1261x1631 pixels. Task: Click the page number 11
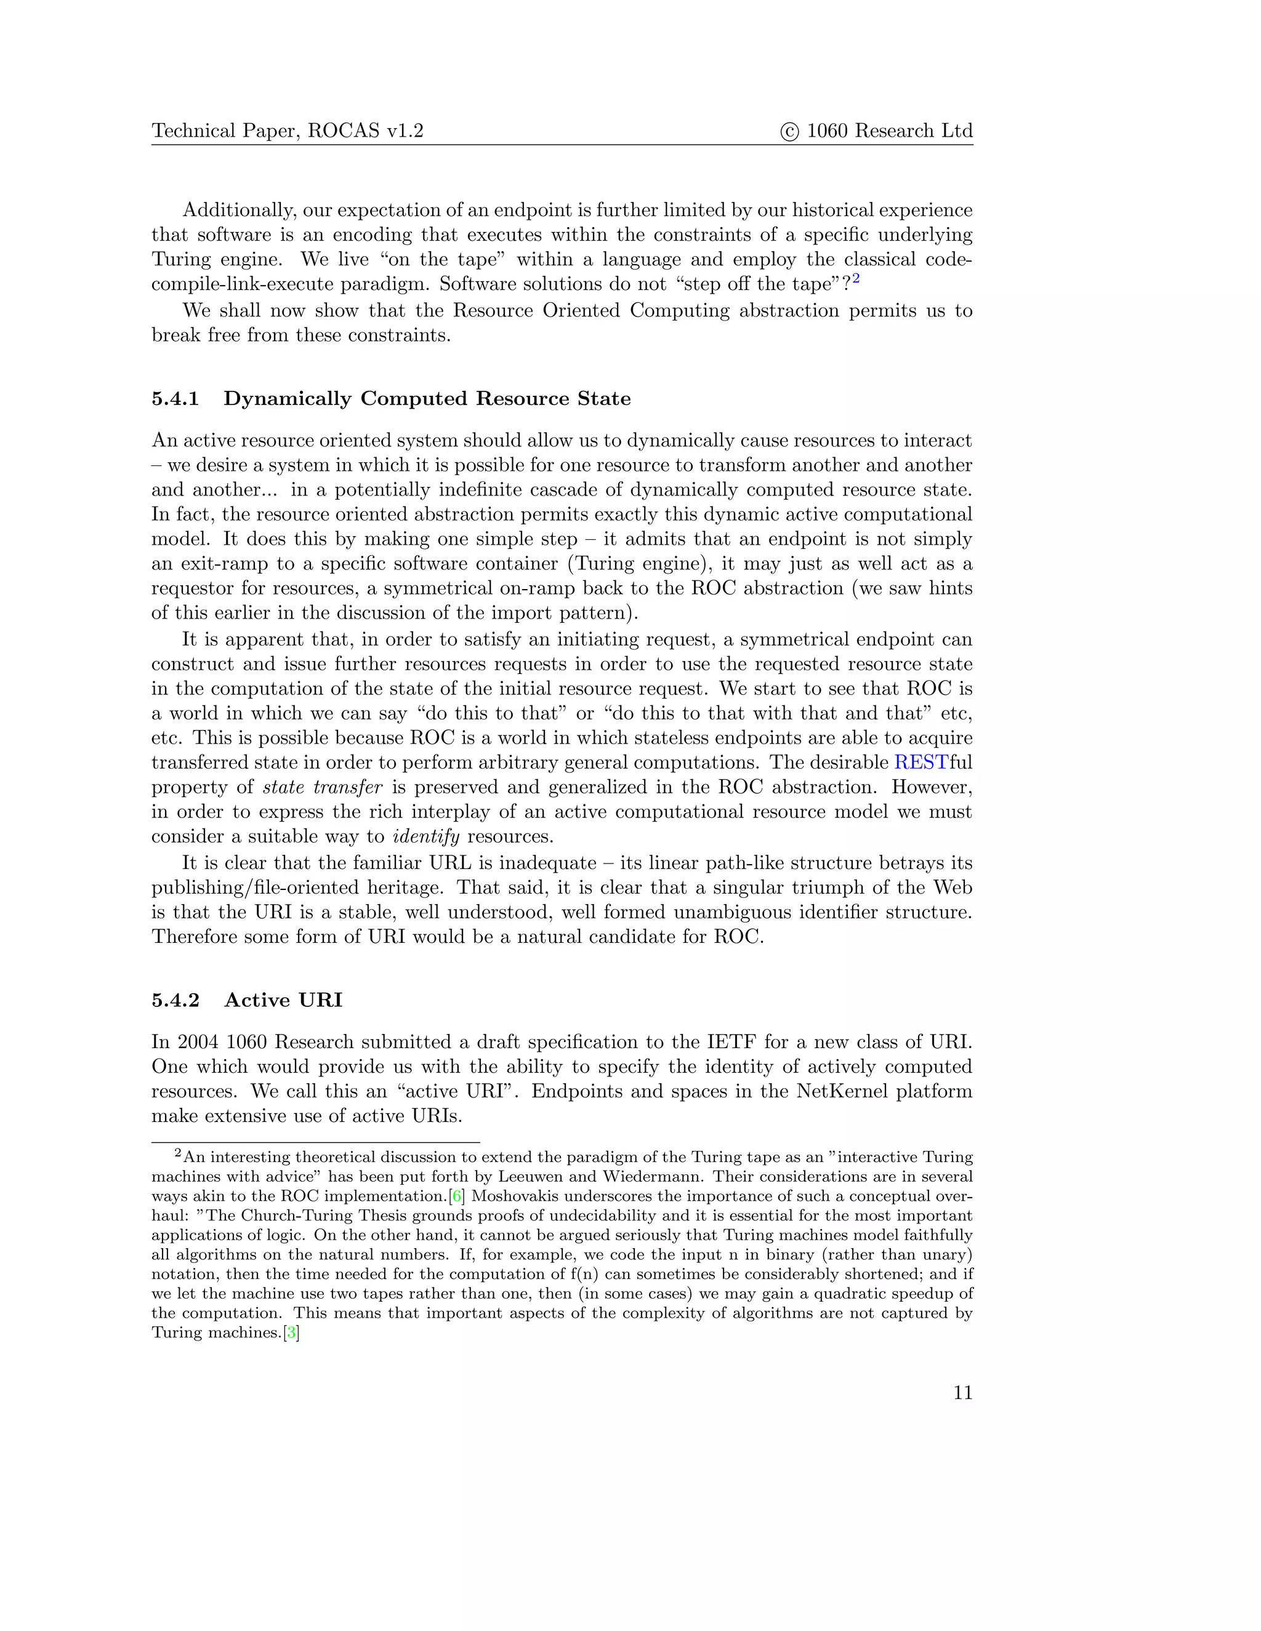click(962, 1393)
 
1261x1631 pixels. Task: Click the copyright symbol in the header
click(789, 132)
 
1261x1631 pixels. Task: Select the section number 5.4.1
click(175, 399)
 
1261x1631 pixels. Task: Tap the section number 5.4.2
click(175, 1001)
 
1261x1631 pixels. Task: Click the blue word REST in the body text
click(921, 763)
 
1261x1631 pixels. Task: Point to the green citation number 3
click(291, 1333)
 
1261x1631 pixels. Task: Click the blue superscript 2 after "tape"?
click(856, 279)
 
